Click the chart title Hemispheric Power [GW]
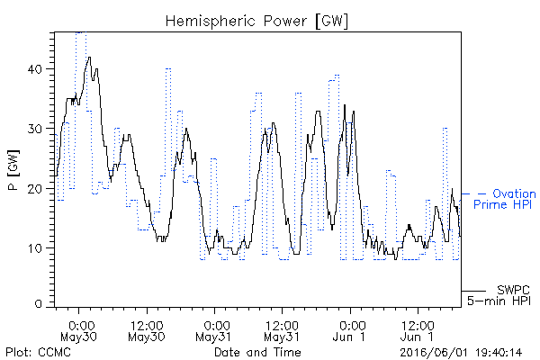click(256, 22)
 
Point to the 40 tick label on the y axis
click(34, 69)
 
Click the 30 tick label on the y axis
click(34, 130)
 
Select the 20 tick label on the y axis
click(34, 189)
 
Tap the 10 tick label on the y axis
click(34, 248)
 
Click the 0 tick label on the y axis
click(38, 303)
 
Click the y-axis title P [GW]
click(13, 170)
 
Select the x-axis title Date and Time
click(257, 353)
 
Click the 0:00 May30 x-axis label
click(78, 331)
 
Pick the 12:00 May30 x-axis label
click(147, 331)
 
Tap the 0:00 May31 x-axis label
click(214, 331)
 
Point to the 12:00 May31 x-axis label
click(282, 331)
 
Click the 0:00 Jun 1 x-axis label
click(349, 331)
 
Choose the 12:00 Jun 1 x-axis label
click(418, 331)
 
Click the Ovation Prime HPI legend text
click(504, 199)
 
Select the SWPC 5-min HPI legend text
click(499, 295)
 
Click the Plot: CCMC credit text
click(38, 353)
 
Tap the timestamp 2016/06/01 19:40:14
click(461, 353)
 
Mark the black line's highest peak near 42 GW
click(89, 58)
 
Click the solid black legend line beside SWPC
click(473, 291)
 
